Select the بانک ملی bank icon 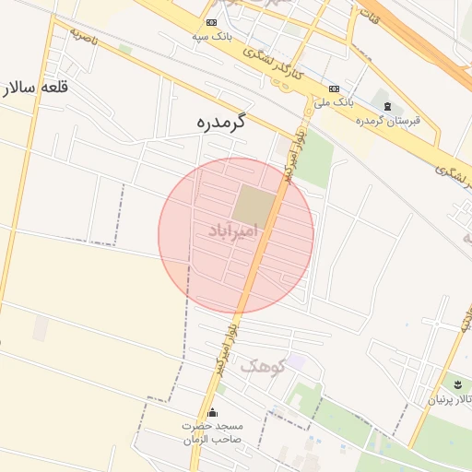(333, 88)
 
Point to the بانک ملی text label (339, 101)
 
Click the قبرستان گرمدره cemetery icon (387, 107)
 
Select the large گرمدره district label (223, 121)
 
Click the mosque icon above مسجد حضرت (213, 412)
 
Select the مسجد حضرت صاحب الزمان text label (212, 431)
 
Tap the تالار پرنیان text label (448, 399)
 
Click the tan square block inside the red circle (253, 206)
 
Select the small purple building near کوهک (294, 362)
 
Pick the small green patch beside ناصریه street (125, 48)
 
